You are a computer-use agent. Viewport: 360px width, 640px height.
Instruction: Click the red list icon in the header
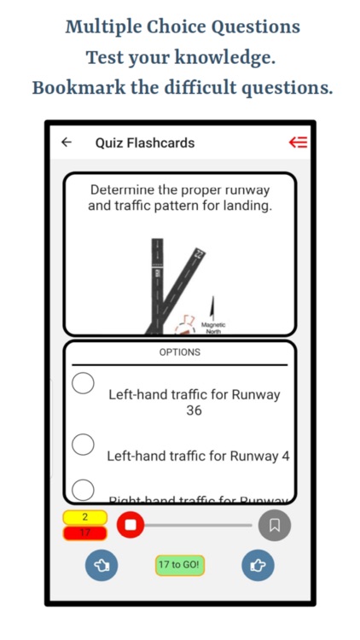point(298,143)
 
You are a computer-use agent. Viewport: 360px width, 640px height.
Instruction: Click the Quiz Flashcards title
point(145,143)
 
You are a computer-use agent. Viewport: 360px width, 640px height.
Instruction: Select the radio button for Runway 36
point(83,385)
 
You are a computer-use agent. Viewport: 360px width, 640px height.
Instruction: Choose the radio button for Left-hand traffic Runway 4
point(83,444)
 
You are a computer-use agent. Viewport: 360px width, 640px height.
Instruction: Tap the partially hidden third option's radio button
point(83,489)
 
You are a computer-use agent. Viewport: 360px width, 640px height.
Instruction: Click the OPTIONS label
point(180,352)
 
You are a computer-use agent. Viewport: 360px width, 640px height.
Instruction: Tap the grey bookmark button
point(275,525)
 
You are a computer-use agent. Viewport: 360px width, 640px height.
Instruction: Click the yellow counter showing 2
point(84,517)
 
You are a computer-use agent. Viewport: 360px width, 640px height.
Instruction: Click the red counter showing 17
point(84,532)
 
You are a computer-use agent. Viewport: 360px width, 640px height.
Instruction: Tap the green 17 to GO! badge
point(180,565)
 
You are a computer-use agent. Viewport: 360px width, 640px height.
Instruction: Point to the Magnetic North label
point(213,328)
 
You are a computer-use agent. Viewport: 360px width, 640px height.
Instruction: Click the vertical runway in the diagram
point(157,282)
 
